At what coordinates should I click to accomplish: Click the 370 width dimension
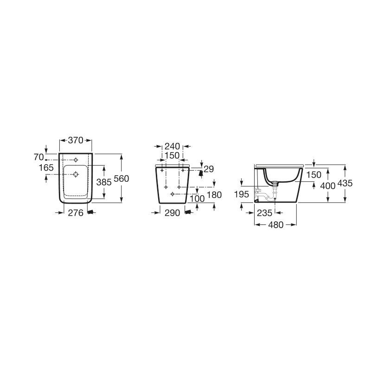click(x=76, y=141)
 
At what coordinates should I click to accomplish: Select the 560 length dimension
click(x=122, y=179)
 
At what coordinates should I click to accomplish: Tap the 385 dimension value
click(x=104, y=182)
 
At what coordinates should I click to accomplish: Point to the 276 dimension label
click(x=76, y=213)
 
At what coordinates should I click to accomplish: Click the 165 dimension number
click(x=46, y=167)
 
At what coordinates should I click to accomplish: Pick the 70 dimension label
click(x=39, y=157)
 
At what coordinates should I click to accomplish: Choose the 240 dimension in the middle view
click(x=172, y=146)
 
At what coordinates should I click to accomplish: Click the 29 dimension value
click(x=209, y=169)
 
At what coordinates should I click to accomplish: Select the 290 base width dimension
click(x=172, y=213)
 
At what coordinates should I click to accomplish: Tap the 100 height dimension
click(x=197, y=198)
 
